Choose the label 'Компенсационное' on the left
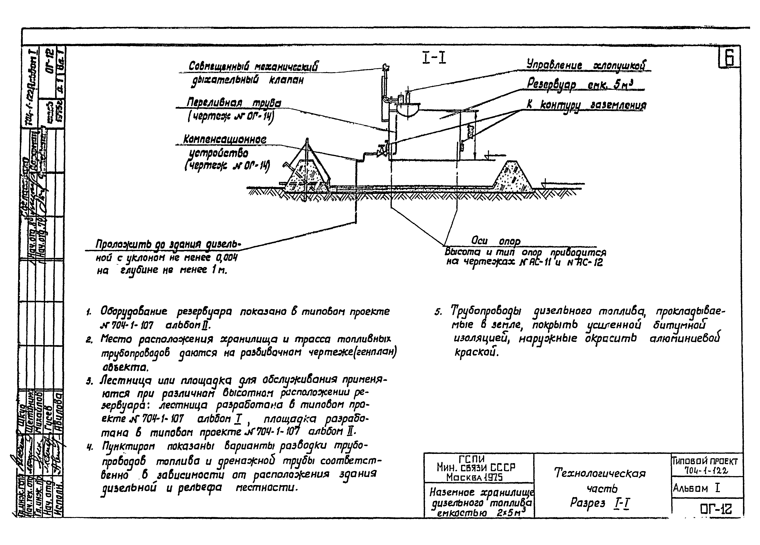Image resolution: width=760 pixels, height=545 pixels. [225, 139]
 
